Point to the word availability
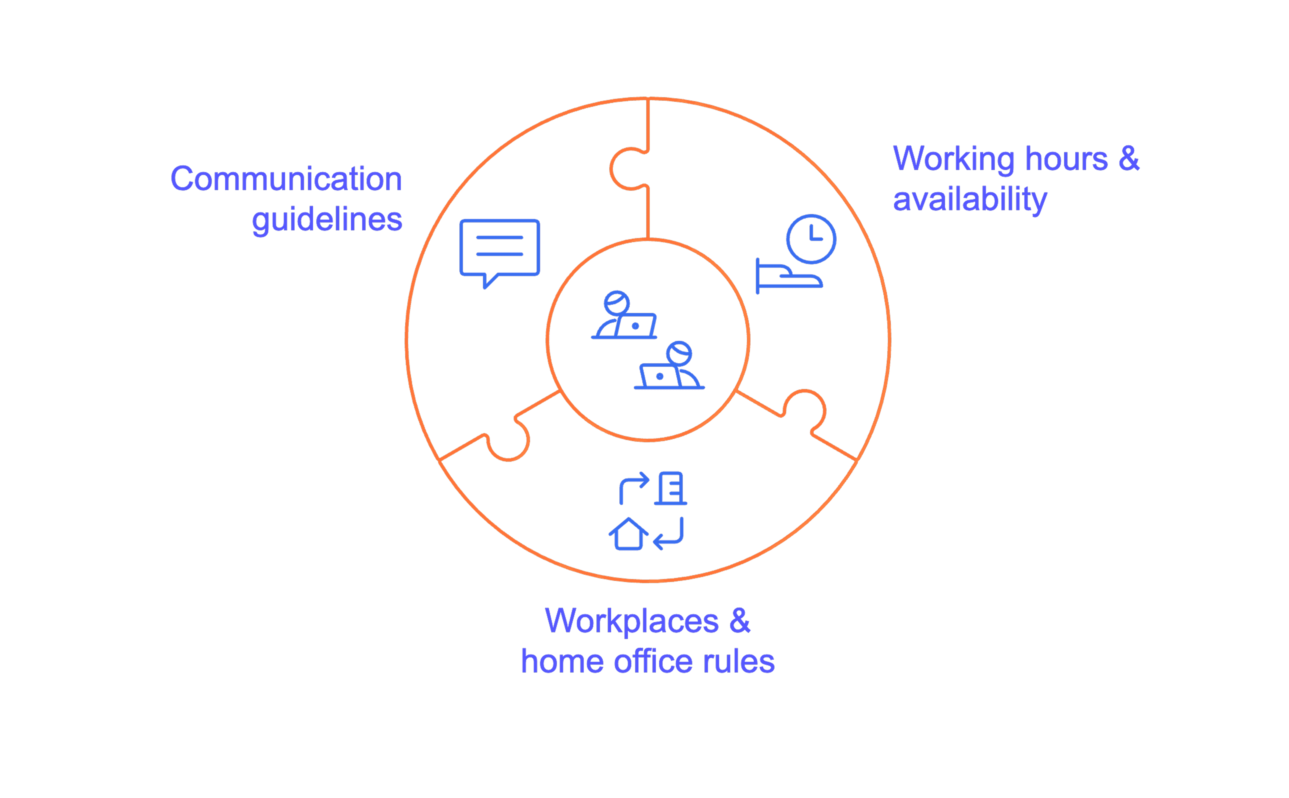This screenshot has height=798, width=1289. click(970, 199)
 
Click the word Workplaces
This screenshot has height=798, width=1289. click(632, 621)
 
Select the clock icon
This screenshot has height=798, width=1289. click(811, 238)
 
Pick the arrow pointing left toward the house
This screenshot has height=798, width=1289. click(669, 534)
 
